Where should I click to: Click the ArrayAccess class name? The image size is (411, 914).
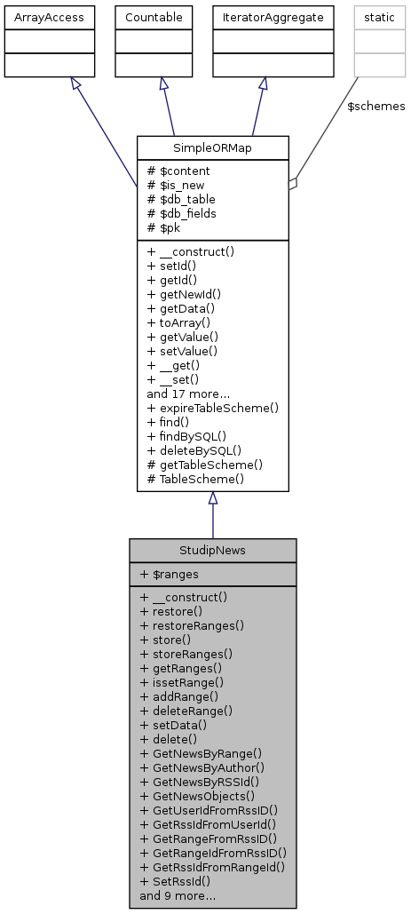pyautogui.click(x=50, y=17)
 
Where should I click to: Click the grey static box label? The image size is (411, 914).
pyautogui.click(x=379, y=17)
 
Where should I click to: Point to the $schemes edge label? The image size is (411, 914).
pyautogui.click(x=375, y=106)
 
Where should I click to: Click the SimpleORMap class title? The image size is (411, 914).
pyautogui.click(x=213, y=147)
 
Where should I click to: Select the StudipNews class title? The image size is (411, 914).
pyautogui.click(x=212, y=550)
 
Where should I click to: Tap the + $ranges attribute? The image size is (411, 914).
pyautogui.click(x=170, y=574)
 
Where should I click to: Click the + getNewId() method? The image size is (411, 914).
pyautogui.click(x=184, y=294)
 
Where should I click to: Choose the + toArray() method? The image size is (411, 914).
pyautogui.click(x=179, y=322)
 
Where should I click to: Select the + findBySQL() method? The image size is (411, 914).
pyautogui.click(x=186, y=436)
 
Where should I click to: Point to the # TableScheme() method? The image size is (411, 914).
pyautogui.click(x=195, y=479)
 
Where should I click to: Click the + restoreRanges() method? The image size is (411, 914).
pyautogui.click(x=192, y=625)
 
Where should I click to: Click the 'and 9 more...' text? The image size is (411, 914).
pyautogui.click(x=178, y=895)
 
